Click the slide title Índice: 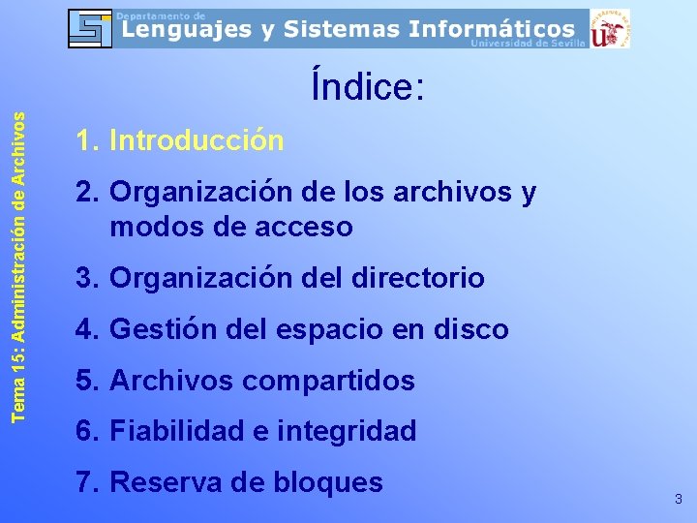(367, 87)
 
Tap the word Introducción (197, 141)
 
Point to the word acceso (306, 228)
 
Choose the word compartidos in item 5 (328, 381)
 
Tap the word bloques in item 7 (327, 481)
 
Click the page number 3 (678, 500)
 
